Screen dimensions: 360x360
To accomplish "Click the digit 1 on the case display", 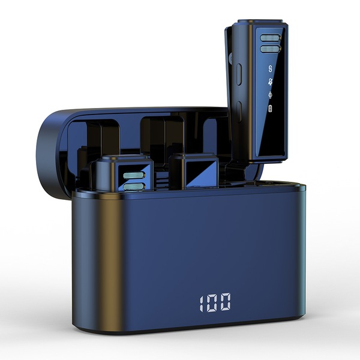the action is click(202, 303).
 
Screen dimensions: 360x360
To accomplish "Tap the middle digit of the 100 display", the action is click(212, 303).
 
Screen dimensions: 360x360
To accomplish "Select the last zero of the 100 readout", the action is click(225, 302).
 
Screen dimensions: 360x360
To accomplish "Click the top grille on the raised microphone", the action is click(270, 38).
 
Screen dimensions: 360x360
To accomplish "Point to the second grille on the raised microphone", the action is click(270, 49).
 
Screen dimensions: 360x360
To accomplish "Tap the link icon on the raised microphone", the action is click(271, 68).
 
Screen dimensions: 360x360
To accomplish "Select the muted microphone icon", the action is click(271, 82).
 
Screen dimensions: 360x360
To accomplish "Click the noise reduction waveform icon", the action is click(271, 95).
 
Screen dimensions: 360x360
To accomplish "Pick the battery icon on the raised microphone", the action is click(271, 108).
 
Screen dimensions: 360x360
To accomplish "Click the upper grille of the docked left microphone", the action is click(134, 175).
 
